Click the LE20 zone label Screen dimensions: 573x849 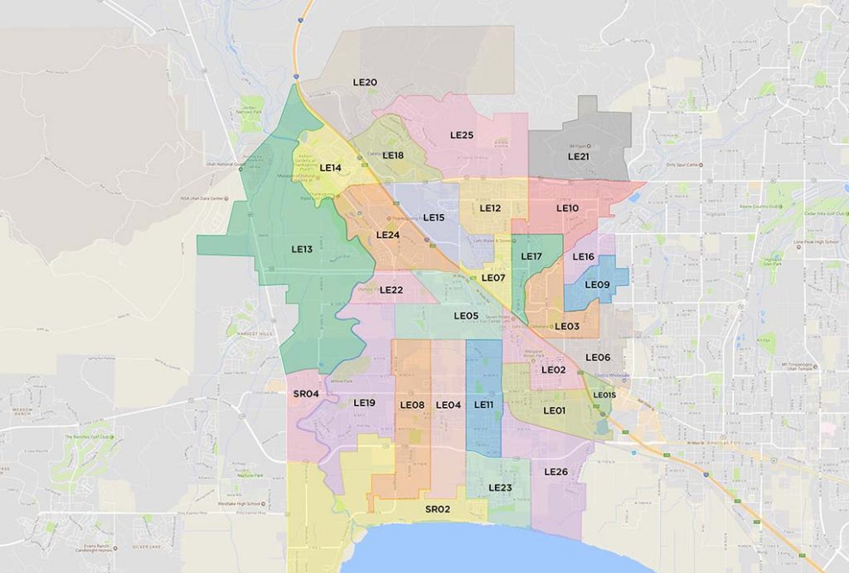click(366, 83)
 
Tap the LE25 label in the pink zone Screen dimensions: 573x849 click(462, 135)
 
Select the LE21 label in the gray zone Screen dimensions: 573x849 click(579, 156)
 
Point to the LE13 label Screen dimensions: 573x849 click(302, 249)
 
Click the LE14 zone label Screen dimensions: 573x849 click(331, 168)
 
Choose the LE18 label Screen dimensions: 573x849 click(393, 156)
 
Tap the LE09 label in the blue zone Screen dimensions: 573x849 click(597, 285)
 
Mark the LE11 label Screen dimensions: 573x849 click(484, 405)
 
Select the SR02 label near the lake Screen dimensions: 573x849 click(437, 509)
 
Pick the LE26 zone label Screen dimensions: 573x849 click(555, 472)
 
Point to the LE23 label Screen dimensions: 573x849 click(500, 488)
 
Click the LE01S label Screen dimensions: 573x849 click(604, 396)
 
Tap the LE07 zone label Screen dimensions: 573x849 click(493, 278)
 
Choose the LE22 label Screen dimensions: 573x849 click(391, 289)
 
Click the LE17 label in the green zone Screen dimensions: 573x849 click(531, 256)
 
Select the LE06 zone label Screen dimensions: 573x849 click(598, 357)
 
